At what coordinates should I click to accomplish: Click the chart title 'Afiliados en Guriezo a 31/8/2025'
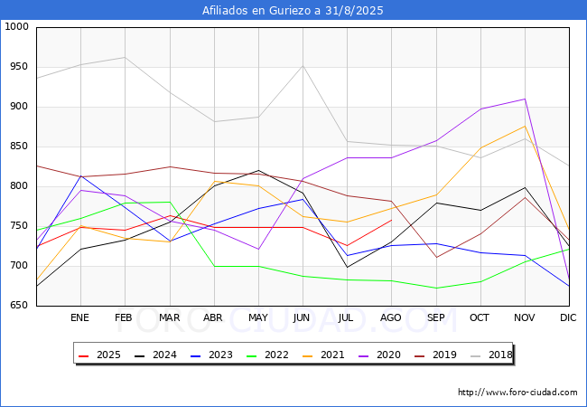point(293,11)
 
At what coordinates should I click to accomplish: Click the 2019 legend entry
point(432,355)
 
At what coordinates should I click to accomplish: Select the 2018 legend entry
point(486,355)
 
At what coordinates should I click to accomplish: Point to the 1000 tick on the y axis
point(16,27)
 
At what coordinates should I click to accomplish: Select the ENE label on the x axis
point(80,318)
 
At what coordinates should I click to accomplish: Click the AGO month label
point(391,318)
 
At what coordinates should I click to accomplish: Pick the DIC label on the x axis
point(568,318)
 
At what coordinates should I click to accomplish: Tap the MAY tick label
point(258,318)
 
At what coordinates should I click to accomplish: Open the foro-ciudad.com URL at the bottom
point(517,393)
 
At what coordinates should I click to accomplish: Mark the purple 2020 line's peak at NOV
point(524,99)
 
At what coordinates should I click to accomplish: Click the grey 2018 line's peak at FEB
point(125,57)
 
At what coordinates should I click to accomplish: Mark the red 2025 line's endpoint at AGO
point(391,220)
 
